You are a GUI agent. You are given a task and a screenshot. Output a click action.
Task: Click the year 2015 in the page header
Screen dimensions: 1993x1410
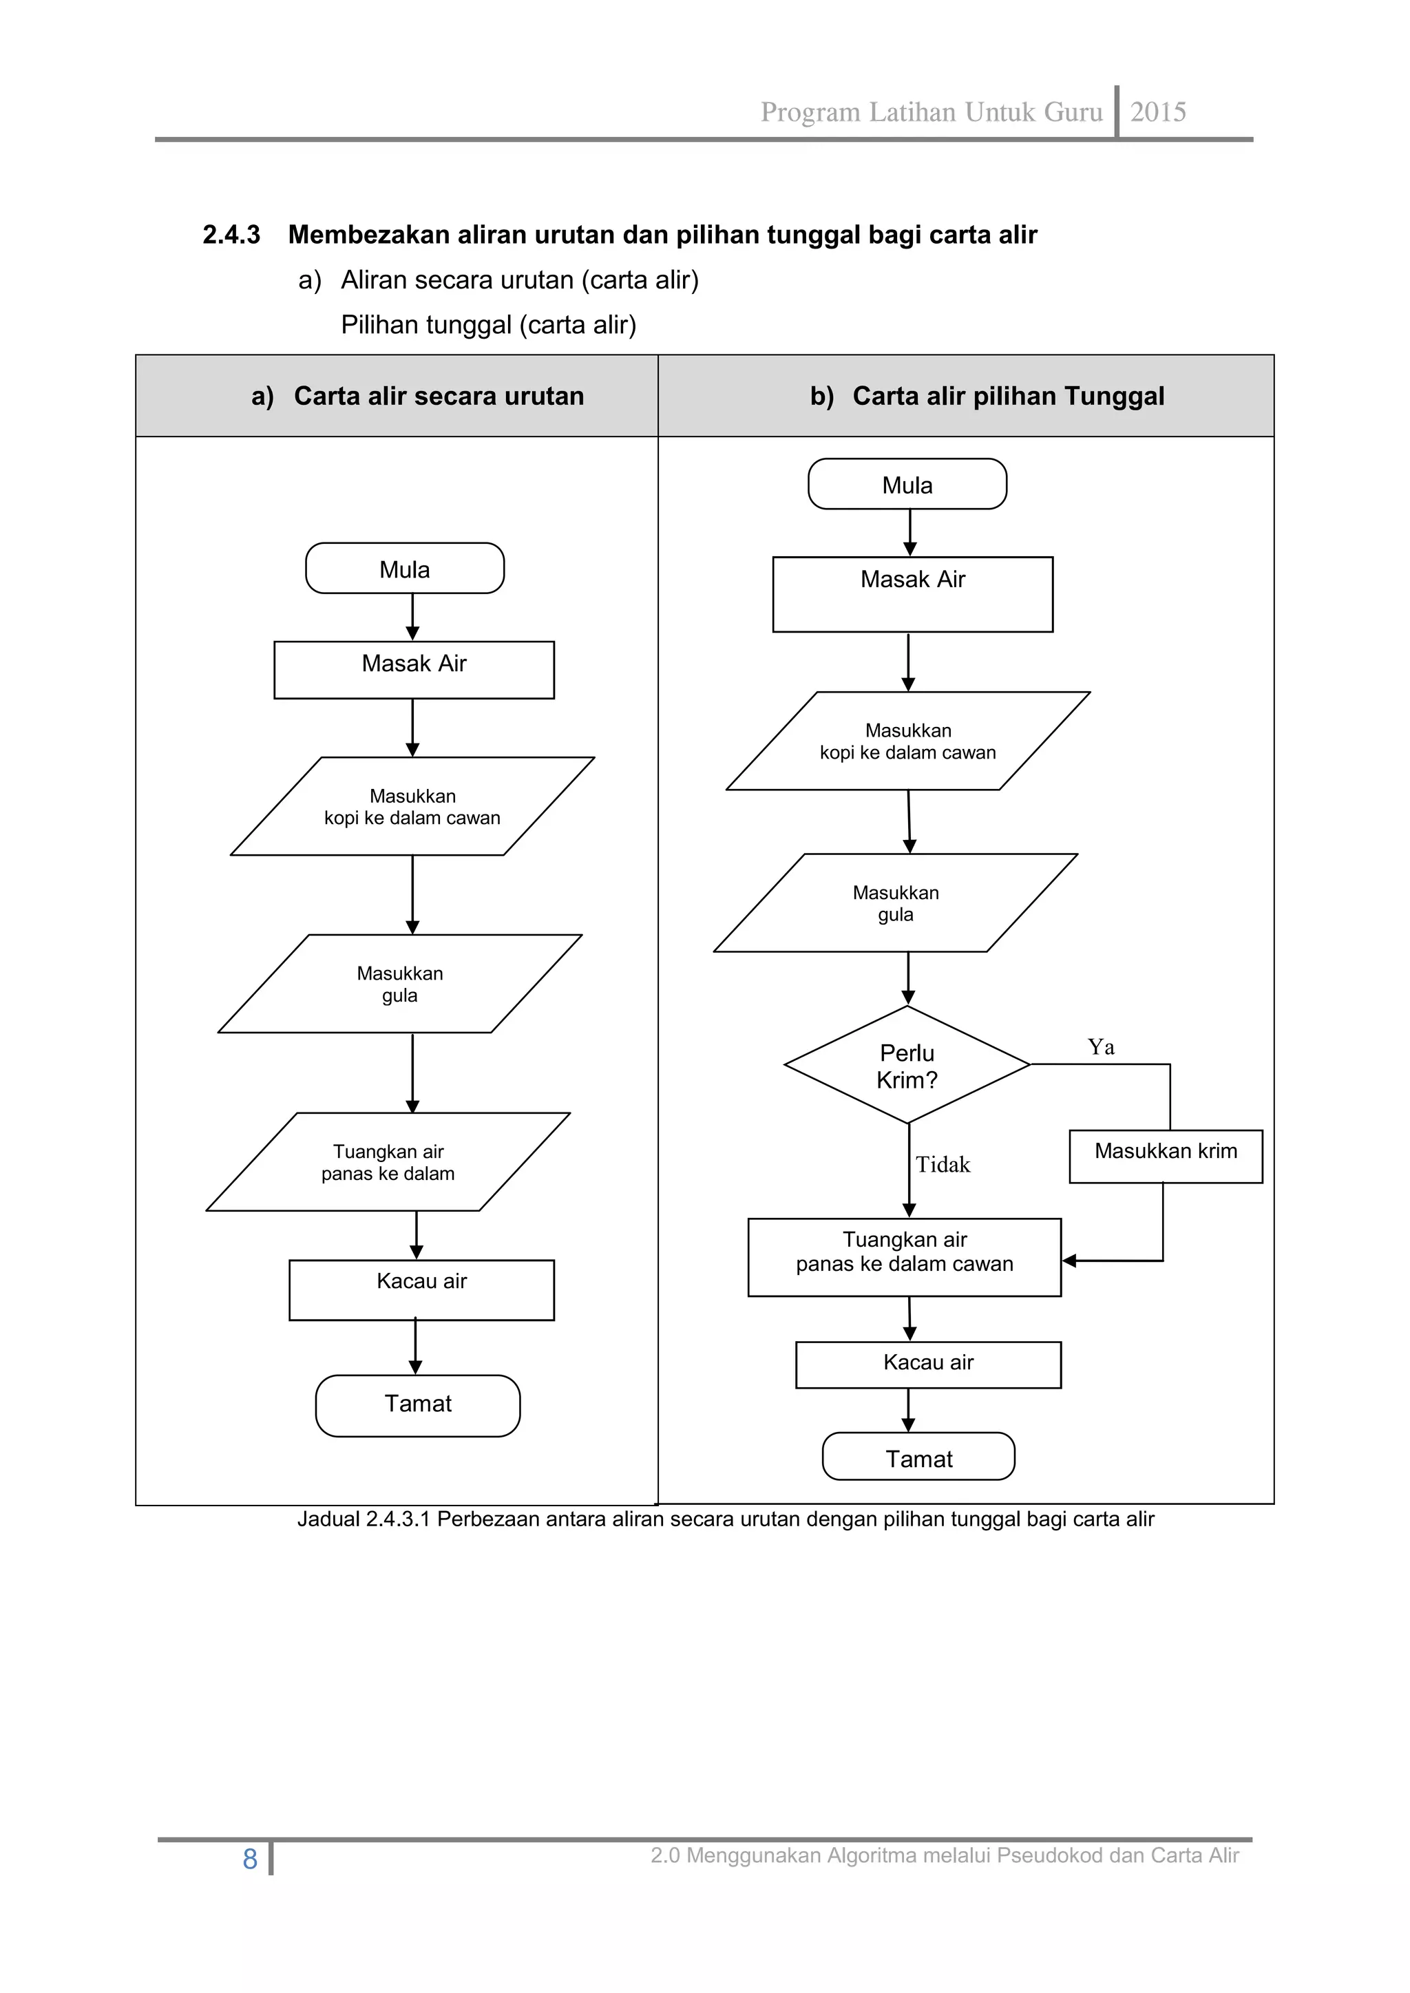click(x=1157, y=112)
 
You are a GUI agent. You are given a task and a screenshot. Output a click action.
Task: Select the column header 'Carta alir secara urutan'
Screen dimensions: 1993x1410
click(x=438, y=396)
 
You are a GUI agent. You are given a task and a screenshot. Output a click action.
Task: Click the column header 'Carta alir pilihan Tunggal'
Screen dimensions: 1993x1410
click(x=1007, y=396)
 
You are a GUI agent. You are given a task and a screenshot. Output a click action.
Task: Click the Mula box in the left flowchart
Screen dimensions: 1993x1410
click(x=405, y=569)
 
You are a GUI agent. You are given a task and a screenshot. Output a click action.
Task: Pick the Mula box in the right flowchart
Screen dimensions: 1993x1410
click(x=907, y=485)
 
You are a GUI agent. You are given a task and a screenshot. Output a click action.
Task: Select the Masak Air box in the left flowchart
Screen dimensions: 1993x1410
click(x=414, y=669)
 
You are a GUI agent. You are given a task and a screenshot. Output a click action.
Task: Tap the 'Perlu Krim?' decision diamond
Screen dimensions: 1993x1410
click(x=907, y=1065)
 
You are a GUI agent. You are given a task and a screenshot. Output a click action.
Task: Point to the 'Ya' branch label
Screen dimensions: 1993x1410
click(x=1101, y=1047)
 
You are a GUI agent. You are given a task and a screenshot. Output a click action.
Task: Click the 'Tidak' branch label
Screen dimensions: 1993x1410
click(x=943, y=1164)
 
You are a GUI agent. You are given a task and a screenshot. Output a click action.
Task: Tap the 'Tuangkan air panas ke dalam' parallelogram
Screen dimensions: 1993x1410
click(x=388, y=1161)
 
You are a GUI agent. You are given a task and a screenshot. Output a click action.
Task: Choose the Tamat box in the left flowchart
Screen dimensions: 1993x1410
click(x=418, y=1404)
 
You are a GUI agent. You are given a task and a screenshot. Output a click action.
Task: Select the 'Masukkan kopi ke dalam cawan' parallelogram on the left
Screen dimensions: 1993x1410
click(x=412, y=806)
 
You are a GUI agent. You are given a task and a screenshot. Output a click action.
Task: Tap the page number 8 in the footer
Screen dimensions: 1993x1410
click(x=250, y=1859)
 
